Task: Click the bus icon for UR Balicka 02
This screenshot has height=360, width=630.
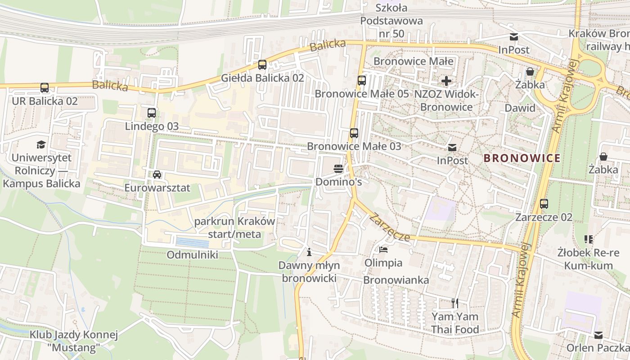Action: tap(44, 88)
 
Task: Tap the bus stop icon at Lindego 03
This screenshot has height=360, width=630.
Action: tap(152, 113)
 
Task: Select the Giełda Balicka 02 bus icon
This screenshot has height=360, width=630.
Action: tap(262, 65)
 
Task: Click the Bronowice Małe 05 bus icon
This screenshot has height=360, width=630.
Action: tap(361, 81)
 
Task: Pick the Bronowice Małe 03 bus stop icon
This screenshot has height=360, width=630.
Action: tap(354, 133)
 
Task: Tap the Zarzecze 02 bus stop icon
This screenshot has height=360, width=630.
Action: tap(544, 204)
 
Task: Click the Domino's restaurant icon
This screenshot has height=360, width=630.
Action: tap(338, 169)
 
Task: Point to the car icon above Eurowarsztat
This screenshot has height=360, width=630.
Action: tap(157, 175)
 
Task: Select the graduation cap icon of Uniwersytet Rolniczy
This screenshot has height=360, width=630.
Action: tap(41, 144)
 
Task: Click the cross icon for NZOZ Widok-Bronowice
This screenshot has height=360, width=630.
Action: tap(446, 81)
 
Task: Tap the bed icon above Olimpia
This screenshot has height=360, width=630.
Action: tap(383, 249)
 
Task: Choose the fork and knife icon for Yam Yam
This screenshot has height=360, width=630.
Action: tap(455, 303)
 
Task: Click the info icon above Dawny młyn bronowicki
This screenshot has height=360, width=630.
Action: tap(309, 252)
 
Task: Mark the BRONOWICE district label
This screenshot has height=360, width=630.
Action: tap(522, 158)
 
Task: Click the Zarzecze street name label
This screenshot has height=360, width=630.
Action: tap(390, 227)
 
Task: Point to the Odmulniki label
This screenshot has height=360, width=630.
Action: tap(192, 255)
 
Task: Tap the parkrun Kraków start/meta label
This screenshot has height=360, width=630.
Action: tap(234, 228)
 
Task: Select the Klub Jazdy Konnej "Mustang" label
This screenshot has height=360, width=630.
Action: tap(74, 341)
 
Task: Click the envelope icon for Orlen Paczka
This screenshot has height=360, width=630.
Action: tap(598, 335)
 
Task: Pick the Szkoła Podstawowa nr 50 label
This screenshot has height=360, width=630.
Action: tap(391, 21)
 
